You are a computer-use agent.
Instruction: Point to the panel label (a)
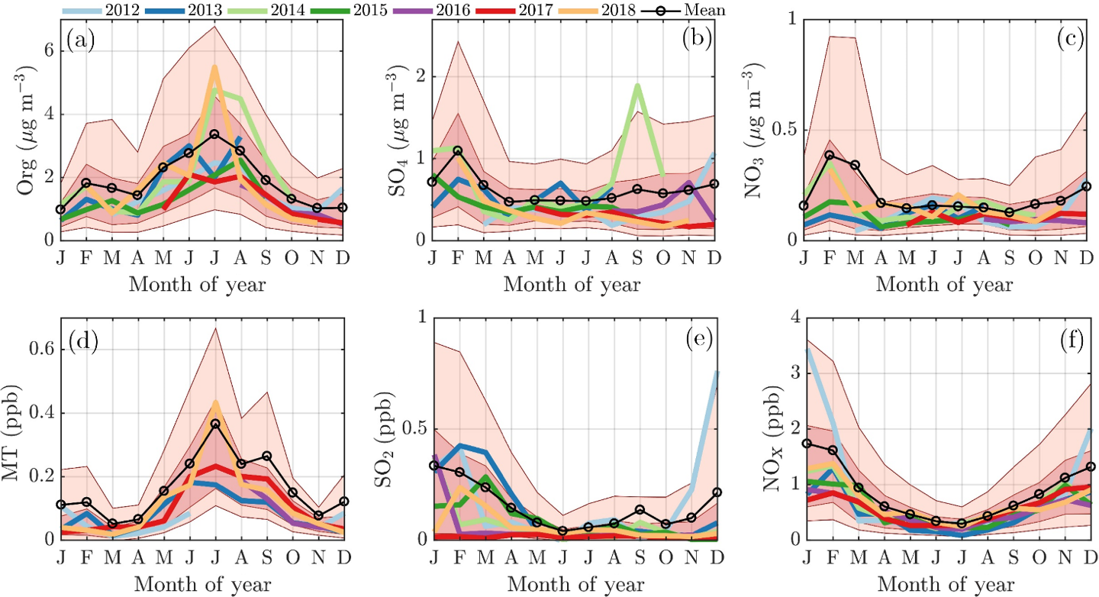80,38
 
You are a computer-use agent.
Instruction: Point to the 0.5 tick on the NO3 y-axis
785,130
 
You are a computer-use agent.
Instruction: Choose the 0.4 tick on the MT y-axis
37,413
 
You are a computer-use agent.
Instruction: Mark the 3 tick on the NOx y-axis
794,373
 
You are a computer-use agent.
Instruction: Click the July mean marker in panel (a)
214,134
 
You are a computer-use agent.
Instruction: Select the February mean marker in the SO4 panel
458,150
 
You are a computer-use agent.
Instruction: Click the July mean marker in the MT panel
214,424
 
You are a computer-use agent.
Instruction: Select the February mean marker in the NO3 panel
830,155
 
